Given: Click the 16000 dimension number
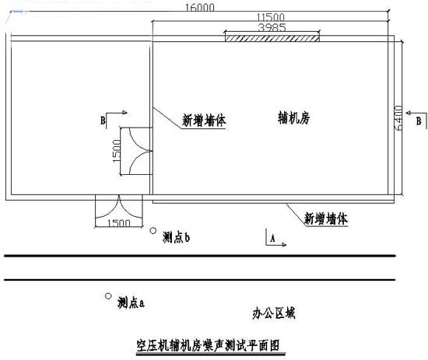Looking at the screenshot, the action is tap(200, 7).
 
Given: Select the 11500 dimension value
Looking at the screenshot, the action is tap(271, 17).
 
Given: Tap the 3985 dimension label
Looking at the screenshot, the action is tap(272, 27).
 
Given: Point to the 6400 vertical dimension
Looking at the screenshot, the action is tap(398, 118).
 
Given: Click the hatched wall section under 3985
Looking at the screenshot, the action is tap(272, 38).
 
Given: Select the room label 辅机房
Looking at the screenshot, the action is tap(294, 118).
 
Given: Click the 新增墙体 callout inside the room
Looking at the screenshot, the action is tap(204, 121).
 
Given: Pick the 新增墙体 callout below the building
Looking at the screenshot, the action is tap(326, 218).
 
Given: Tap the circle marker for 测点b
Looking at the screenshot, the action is tap(153, 231).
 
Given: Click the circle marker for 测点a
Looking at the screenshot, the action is tap(108, 296).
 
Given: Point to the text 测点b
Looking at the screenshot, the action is tap(176, 237).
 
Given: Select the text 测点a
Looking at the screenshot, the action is tap(131, 302).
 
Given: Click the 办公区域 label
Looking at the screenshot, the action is tap(274, 313).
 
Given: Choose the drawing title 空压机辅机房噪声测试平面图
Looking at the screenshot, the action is tap(208, 345).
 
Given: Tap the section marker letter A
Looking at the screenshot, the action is tap(272, 239).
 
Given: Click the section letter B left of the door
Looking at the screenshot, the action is tap(103, 121).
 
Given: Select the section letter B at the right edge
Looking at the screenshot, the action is tap(419, 121).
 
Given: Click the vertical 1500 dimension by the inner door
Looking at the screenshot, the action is tap(117, 151).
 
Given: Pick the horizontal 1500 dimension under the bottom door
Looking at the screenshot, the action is tap(118, 223).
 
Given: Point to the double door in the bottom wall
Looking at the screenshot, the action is tap(119, 207).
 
